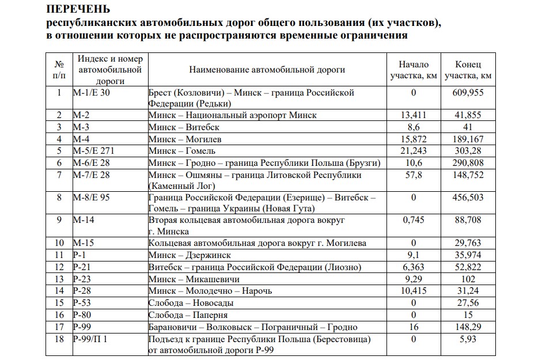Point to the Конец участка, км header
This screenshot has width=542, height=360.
pyautogui.click(x=468, y=70)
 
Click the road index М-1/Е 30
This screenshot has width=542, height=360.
pyautogui.click(x=92, y=93)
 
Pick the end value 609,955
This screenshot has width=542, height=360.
pyautogui.click(x=468, y=93)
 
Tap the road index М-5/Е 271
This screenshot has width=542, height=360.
pyautogui.click(x=94, y=151)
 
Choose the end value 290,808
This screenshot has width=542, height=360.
pyautogui.click(x=468, y=163)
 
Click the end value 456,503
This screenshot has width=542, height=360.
pyautogui.click(x=468, y=198)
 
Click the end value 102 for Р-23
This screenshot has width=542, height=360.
pyautogui.click(x=468, y=279)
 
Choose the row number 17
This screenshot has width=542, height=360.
pyautogui.click(x=58, y=327)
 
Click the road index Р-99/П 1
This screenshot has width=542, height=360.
pyautogui.click(x=90, y=339)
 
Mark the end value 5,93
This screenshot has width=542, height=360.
pyautogui.click(x=468, y=339)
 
